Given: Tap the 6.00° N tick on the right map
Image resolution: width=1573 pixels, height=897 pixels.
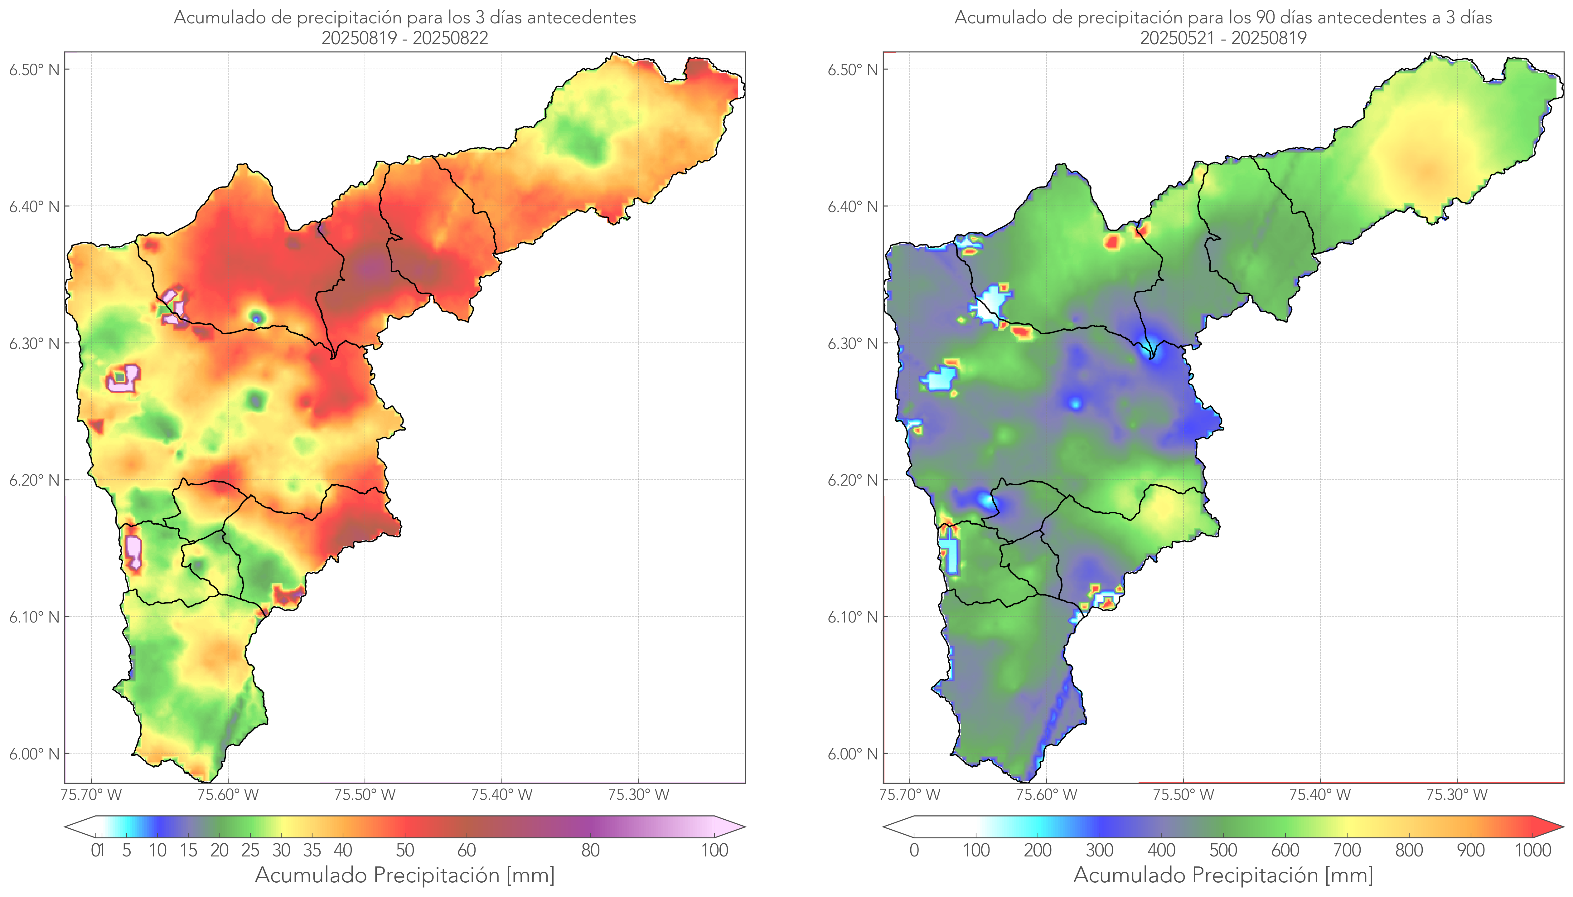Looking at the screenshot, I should [853, 754].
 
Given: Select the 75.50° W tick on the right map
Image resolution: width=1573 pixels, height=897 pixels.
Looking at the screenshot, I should [1183, 795].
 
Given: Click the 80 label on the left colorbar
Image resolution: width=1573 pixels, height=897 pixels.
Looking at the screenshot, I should [590, 850].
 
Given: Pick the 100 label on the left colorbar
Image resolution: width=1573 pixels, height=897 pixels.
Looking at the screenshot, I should [714, 850].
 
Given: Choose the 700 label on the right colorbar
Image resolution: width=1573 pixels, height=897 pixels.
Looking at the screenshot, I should [1346, 850].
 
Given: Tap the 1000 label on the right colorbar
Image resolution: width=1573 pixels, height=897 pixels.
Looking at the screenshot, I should [1532, 850].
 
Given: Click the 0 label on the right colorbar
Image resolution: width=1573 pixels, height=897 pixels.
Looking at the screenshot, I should [914, 850].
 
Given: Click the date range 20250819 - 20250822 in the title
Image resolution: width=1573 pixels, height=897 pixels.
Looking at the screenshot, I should [405, 38].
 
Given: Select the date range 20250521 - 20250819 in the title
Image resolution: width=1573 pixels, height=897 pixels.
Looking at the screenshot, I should [1223, 38].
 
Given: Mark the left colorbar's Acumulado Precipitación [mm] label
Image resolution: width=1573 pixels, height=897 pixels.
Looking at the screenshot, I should [405, 875].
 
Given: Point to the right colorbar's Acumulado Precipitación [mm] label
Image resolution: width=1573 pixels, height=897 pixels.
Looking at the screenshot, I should [1223, 875].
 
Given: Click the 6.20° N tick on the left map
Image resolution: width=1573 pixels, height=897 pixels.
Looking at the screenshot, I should [35, 480].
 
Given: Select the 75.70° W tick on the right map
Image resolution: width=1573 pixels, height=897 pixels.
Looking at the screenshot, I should [910, 795].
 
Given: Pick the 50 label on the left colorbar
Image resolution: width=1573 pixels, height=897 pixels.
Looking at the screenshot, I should [405, 850].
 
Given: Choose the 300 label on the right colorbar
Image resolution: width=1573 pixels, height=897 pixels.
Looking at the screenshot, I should [1099, 850].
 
